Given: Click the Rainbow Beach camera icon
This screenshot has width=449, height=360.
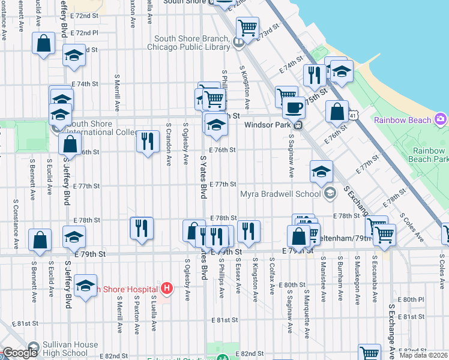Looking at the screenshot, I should coord(441,119).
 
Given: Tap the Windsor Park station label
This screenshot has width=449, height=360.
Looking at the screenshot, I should coord(268,125).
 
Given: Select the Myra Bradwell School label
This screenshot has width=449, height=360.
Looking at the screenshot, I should coord(280,194).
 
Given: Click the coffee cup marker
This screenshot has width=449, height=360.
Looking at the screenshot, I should coord(294,107).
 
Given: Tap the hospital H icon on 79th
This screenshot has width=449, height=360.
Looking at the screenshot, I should coord(167,289).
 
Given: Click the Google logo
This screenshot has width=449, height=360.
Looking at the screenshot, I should coord(20,353).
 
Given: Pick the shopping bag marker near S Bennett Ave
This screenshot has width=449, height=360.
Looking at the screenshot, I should coord(40,239).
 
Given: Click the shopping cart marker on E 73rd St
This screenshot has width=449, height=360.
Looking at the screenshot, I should coord(247,28).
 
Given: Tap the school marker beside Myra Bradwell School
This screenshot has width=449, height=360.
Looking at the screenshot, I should coord(322,172).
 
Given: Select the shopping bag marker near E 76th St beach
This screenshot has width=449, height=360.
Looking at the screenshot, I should coord(337,112).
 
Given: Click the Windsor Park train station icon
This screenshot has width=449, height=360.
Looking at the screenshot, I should coord(297,125).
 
